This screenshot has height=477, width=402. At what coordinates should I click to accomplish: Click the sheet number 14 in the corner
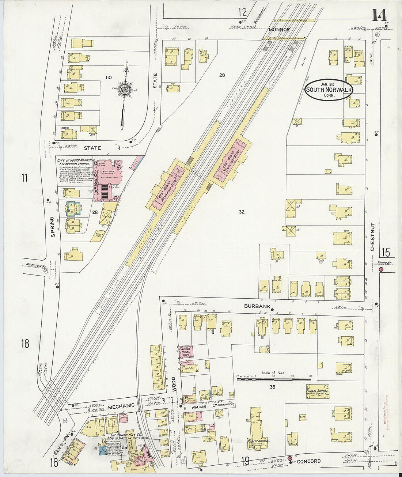[x=380, y=15]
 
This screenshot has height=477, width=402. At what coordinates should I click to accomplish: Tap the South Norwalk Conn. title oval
[x=329, y=90]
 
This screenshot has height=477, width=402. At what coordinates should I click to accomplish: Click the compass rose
[x=125, y=90]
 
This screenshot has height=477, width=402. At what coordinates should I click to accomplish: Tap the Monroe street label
[x=280, y=29]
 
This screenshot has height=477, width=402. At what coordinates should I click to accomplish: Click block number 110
[x=108, y=77]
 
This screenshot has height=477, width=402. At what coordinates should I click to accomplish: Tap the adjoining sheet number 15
[x=386, y=253]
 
